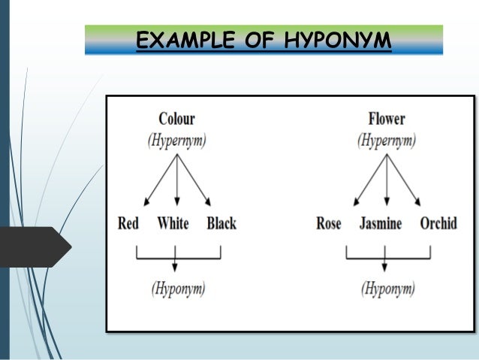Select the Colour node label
(x=176, y=119)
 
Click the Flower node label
(x=387, y=119)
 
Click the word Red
(x=128, y=223)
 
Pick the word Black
(x=221, y=223)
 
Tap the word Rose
(x=329, y=223)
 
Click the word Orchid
(x=438, y=223)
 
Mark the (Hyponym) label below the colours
(x=178, y=288)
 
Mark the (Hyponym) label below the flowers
(x=387, y=288)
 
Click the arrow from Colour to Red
(x=160, y=180)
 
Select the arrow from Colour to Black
(x=193, y=180)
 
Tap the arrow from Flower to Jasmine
(x=386, y=180)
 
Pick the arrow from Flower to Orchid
(x=403, y=180)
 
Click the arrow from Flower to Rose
(x=370, y=180)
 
